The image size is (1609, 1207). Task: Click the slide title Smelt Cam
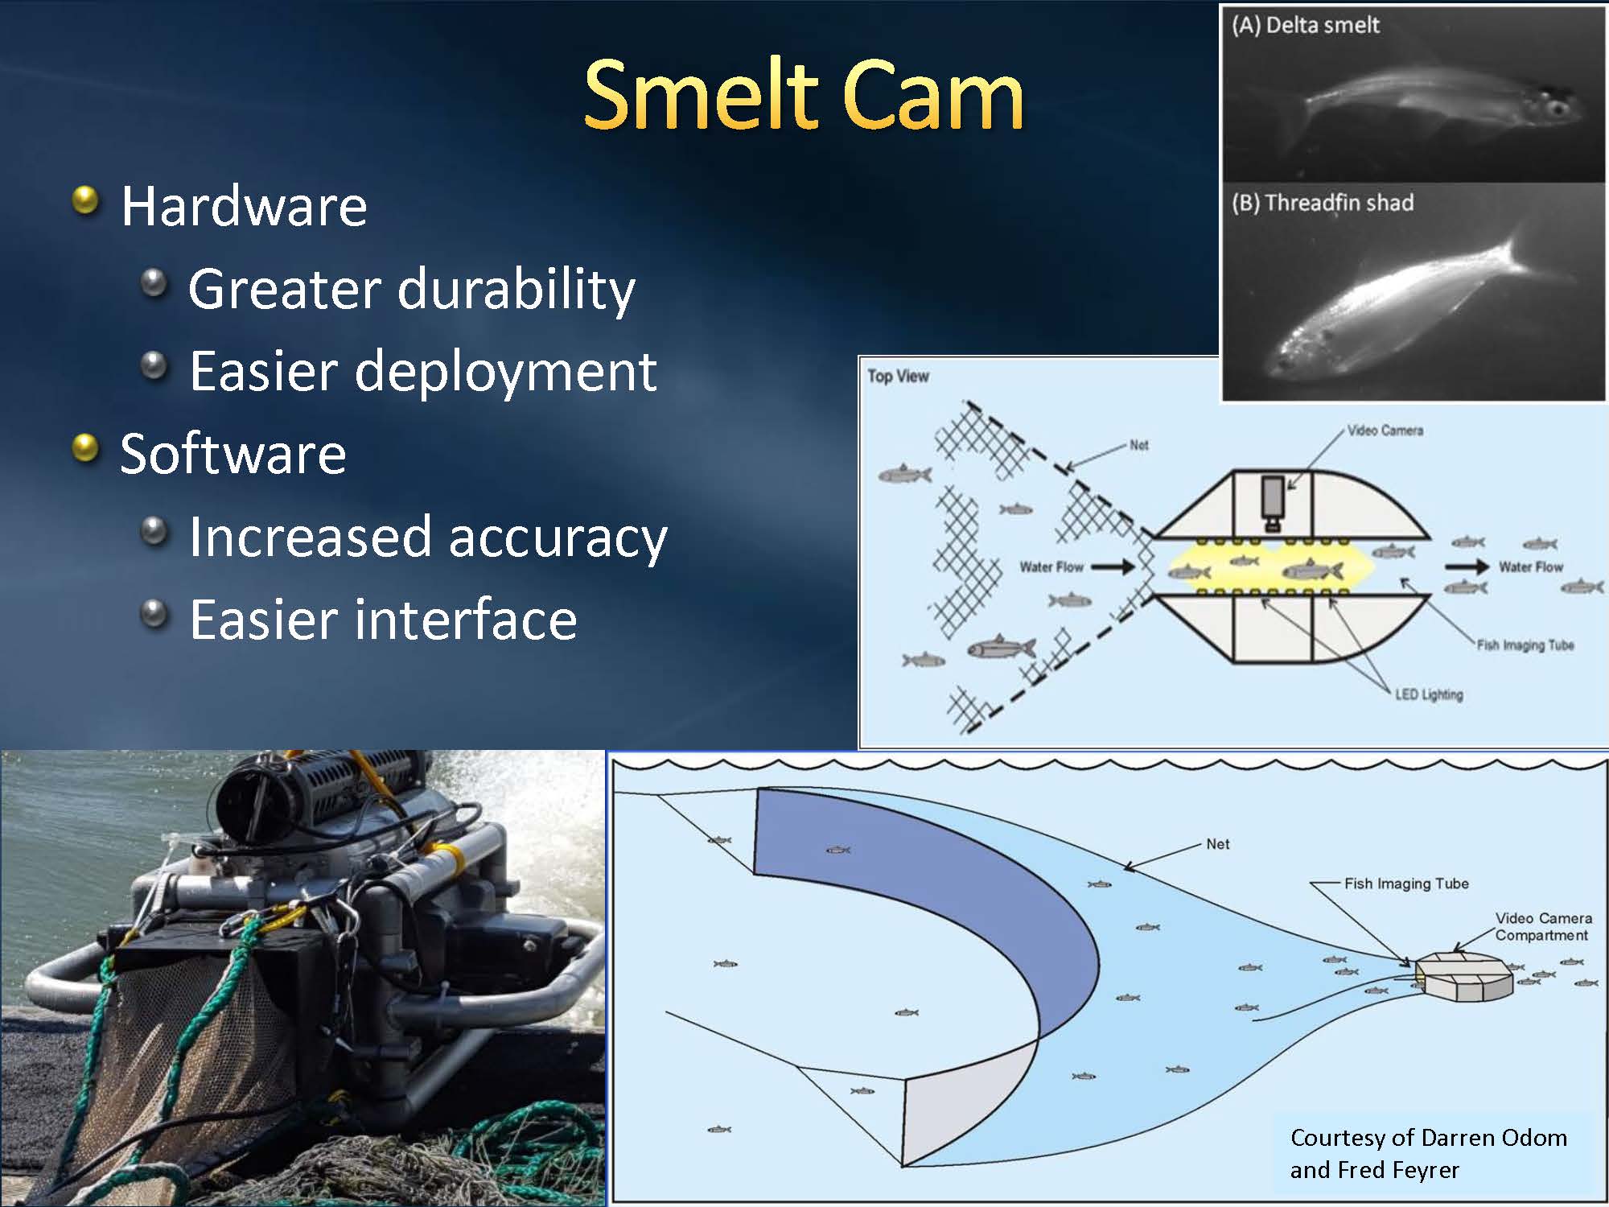[804, 95]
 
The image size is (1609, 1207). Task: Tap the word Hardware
[244, 206]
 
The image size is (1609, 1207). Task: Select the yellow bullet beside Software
[85, 448]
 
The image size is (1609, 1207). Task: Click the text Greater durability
[412, 290]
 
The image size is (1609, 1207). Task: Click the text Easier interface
[383, 620]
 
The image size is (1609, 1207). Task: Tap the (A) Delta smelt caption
[1305, 26]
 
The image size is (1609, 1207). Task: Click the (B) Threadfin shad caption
[1323, 203]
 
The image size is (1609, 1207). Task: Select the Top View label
[898, 376]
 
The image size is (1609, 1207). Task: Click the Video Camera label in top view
[1385, 430]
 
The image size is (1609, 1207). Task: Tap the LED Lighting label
[1429, 694]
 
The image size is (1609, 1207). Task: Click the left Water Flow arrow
[1113, 566]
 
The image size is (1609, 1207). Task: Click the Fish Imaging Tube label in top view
[1525, 645]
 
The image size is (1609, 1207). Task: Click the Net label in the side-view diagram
[1218, 844]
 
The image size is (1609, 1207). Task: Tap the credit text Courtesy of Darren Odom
[1429, 1138]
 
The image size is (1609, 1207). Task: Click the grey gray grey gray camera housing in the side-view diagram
[1464, 976]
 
